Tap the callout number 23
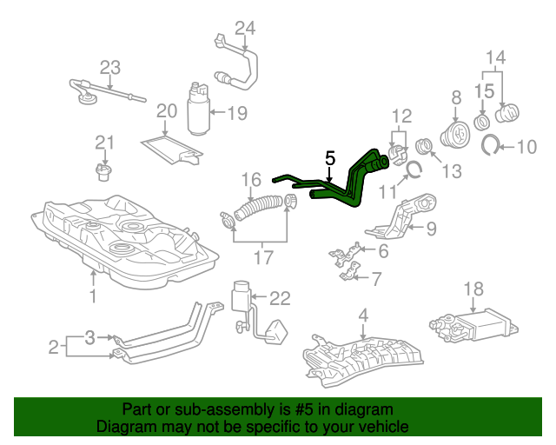coord(109,67)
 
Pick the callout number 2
coord(54,348)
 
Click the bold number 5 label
coord(329,158)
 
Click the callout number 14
coord(494,59)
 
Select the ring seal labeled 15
coord(483,115)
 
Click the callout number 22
coord(278,298)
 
